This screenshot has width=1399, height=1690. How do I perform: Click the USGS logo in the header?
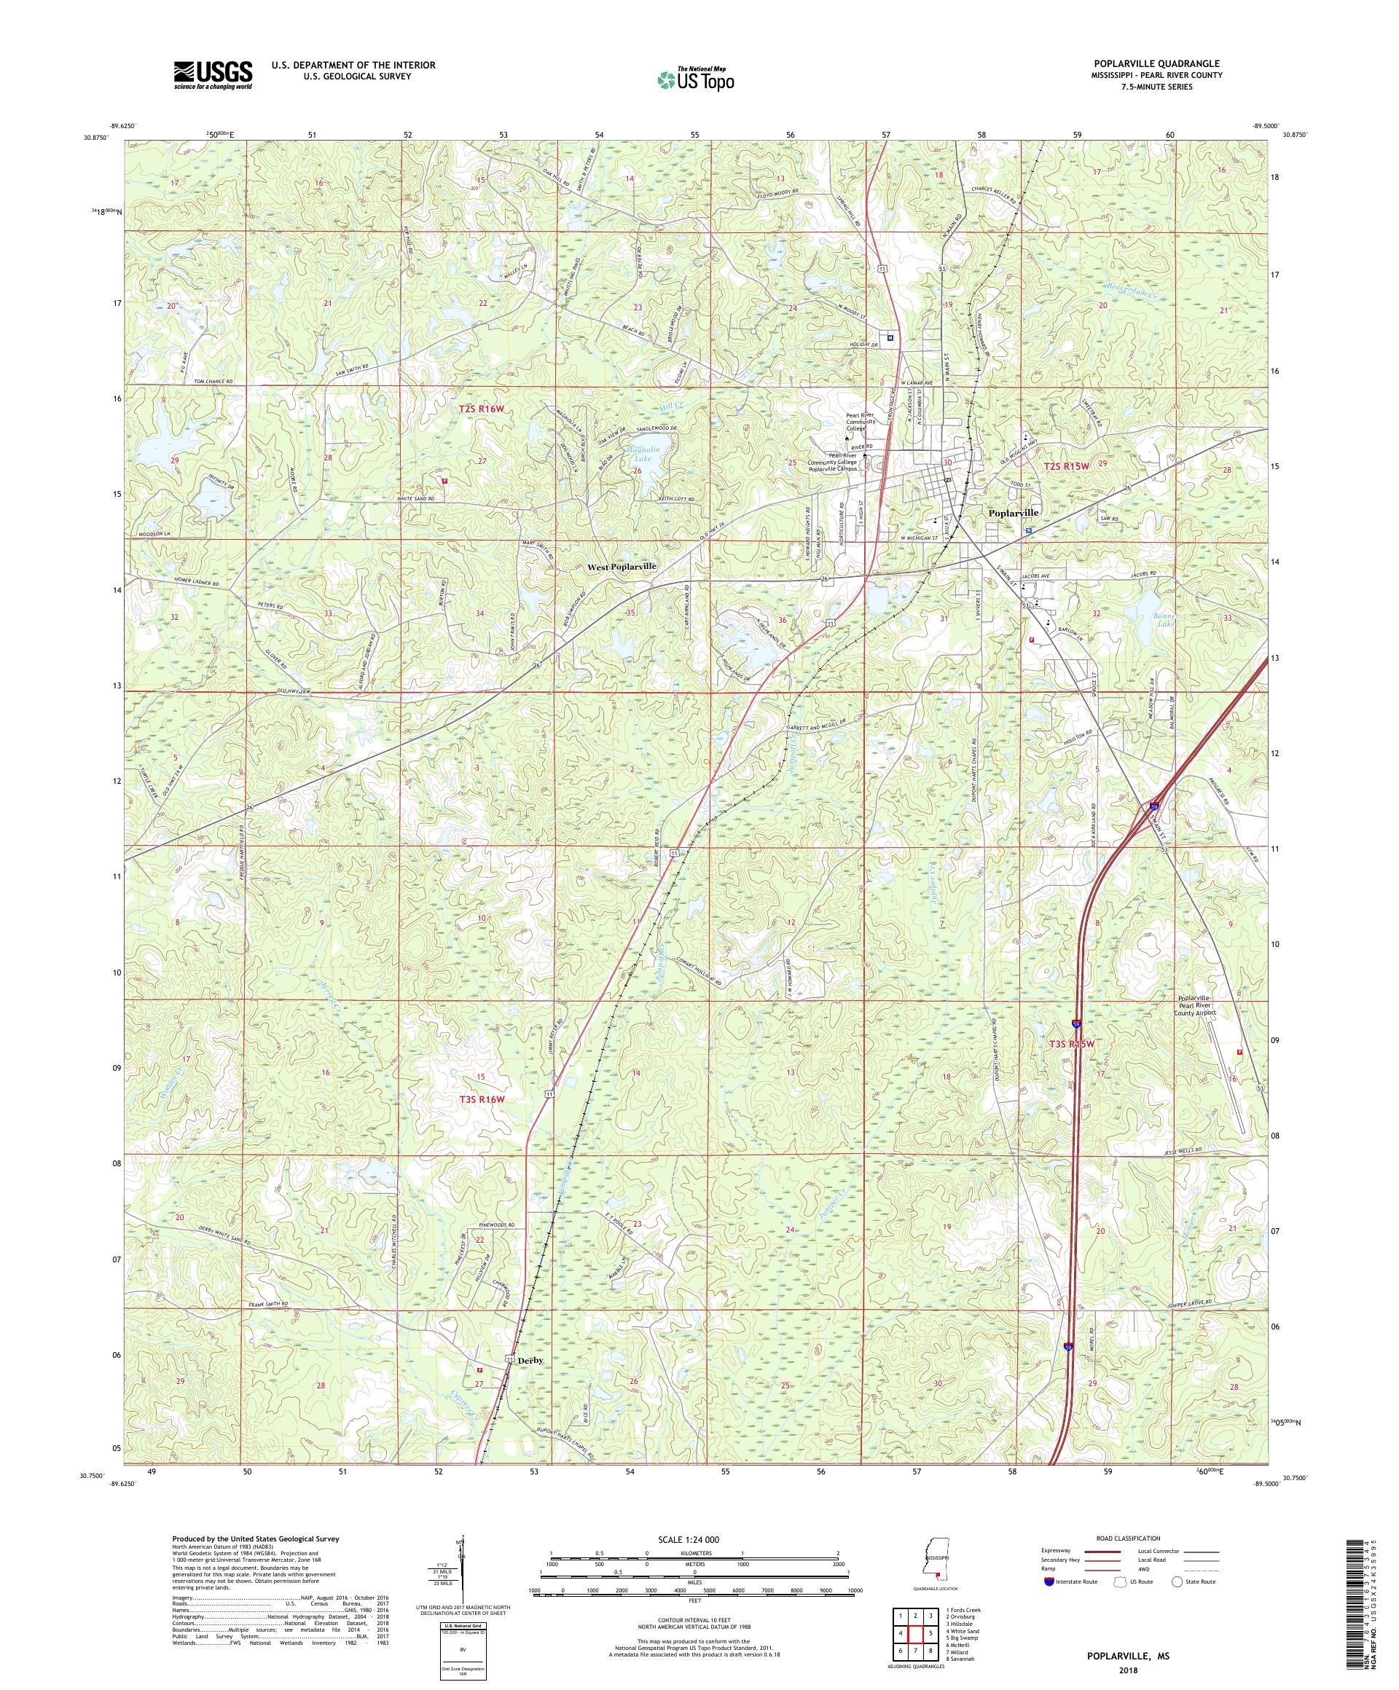[213, 76]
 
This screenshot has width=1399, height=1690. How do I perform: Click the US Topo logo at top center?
[697, 79]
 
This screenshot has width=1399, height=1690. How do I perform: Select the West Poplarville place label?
[622, 567]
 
